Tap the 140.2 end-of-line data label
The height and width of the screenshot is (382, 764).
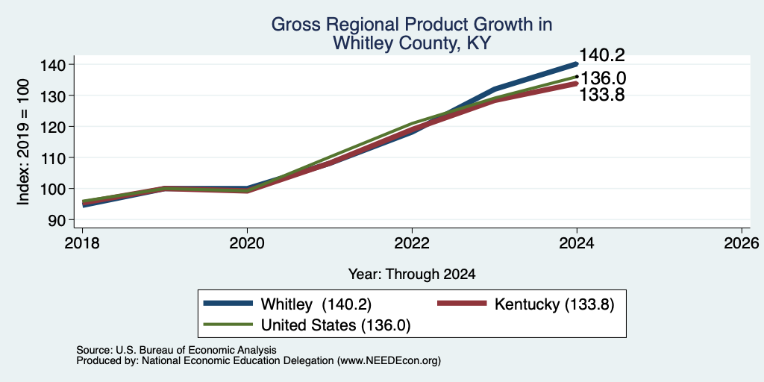[602, 55]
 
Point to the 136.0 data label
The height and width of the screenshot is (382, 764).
[603, 78]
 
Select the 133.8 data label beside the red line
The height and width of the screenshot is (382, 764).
[602, 95]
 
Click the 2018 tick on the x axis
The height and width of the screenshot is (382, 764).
[82, 242]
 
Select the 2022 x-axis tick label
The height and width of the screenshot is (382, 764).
[412, 242]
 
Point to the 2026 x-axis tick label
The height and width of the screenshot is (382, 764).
[742, 242]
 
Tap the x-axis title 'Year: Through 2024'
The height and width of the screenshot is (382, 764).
[412, 275]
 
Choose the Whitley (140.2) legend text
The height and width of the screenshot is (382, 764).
[316, 304]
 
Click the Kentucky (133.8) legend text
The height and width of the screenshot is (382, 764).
[554, 304]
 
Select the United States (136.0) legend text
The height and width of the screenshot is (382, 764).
[336, 325]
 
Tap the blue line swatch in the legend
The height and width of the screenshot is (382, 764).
[228, 304]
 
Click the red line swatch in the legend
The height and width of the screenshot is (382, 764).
[463, 304]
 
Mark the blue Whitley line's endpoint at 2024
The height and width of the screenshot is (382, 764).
[577, 64]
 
